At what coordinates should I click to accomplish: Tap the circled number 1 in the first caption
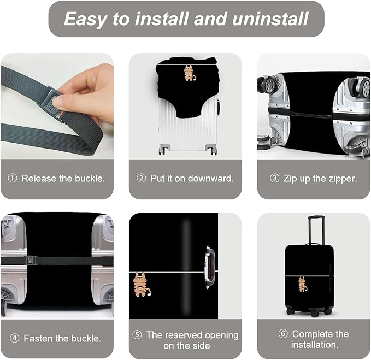tap(13, 179)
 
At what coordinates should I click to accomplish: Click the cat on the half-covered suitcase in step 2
tap(189, 73)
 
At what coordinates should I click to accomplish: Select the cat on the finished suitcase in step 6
tap(302, 284)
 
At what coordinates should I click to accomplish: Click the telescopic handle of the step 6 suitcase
tap(315, 229)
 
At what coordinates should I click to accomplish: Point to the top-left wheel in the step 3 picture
tap(268, 84)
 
